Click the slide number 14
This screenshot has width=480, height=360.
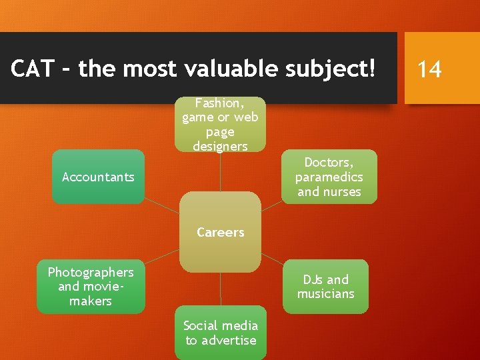tap(429, 69)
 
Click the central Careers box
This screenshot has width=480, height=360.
tap(220, 232)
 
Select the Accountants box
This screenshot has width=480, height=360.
tap(98, 177)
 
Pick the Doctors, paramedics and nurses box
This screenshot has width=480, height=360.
tap(329, 177)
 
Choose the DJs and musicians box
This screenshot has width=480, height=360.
tap(325, 287)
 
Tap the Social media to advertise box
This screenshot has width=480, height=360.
tap(220, 333)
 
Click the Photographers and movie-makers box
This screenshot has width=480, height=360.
tap(91, 287)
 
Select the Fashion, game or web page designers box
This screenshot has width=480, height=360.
tap(220, 124)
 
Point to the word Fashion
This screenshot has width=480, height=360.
tap(220, 103)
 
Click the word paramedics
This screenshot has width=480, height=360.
tap(329, 177)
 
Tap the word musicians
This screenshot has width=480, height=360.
tap(325, 294)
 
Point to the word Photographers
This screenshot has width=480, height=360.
tap(91, 272)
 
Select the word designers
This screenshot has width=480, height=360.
tap(220, 146)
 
